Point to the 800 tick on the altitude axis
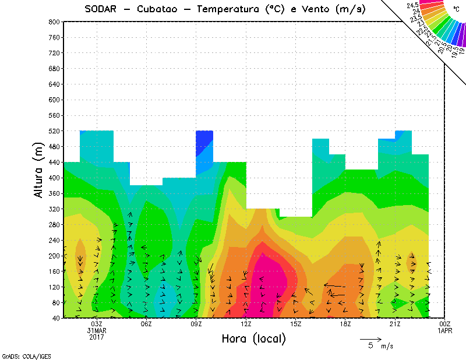pos(54,22)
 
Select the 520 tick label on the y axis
pos(54,131)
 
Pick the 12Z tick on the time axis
pos(246,324)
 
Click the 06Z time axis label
pos(147,324)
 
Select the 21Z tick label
pos(396,324)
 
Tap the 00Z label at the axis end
pos(445,324)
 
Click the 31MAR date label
pos(97,330)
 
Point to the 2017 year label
pos(97,337)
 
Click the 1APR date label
pos(445,330)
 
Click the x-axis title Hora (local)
pos(254,338)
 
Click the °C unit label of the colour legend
pos(456,9)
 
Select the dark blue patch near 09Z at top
pos(204,143)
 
